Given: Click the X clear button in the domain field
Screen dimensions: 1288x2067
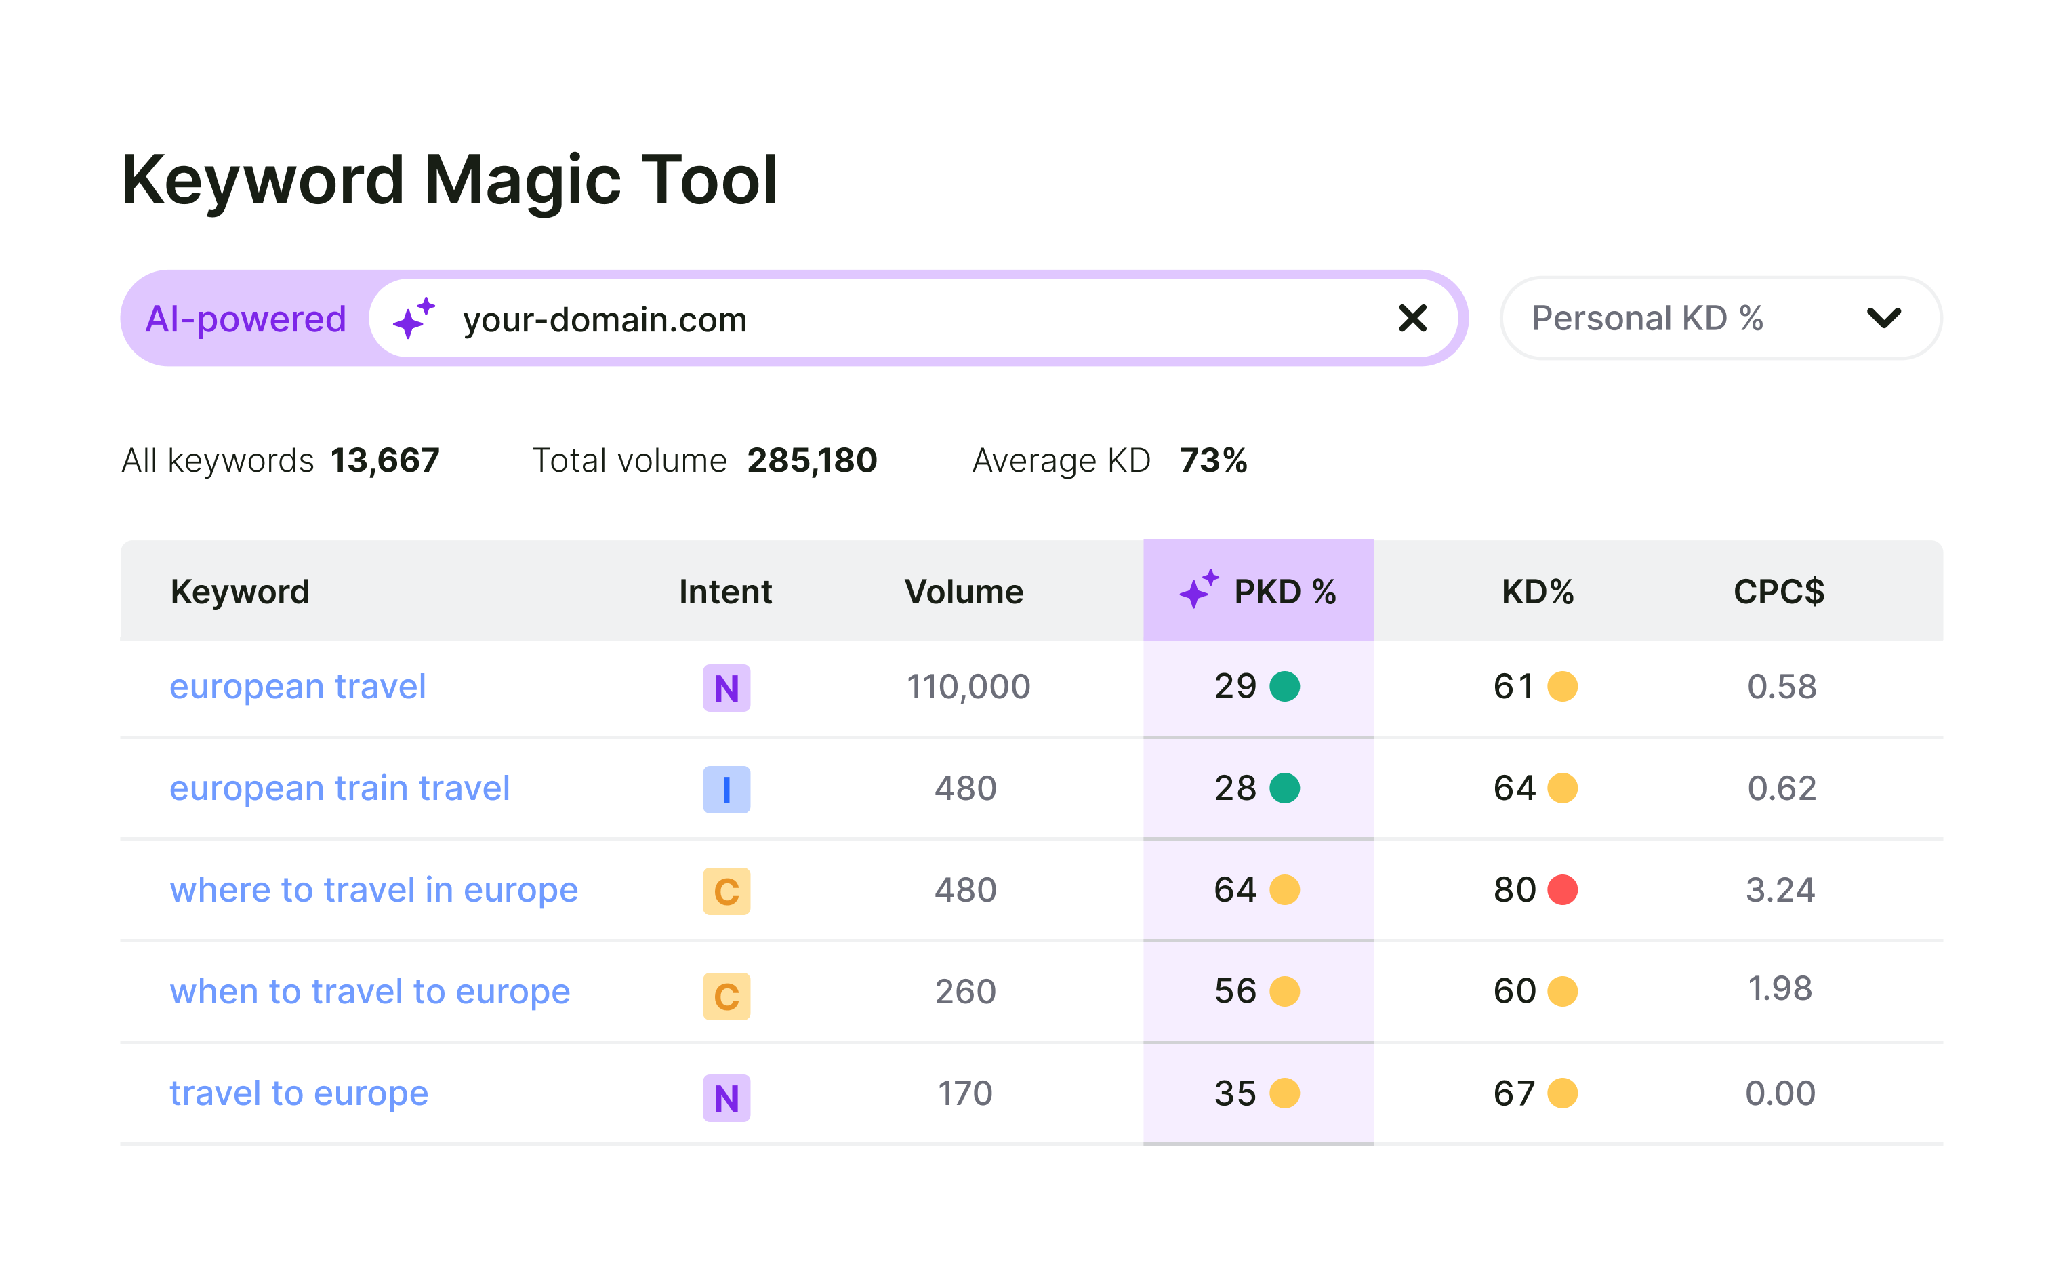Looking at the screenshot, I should (x=1412, y=319).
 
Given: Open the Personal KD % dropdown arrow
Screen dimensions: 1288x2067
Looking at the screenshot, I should (x=1883, y=319).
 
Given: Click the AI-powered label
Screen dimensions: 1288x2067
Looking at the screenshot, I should (x=245, y=319).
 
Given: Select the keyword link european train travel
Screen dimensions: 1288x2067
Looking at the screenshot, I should (x=339, y=788).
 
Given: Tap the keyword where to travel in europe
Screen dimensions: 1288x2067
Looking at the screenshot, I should (x=373, y=890).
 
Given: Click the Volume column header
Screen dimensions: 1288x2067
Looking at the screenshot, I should (x=963, y=591).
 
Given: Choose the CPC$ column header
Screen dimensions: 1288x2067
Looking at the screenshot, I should (x=1778, y=591).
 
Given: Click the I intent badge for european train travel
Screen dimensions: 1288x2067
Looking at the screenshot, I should (x=726, y=790).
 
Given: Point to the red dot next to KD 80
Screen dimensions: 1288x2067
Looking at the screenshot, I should (x=1562, y=890).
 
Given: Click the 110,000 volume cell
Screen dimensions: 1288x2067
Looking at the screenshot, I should (x=968, y=687).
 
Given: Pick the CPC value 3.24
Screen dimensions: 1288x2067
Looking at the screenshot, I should (x=1780, y=890).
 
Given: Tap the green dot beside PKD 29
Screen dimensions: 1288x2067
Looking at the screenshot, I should (x=1284, y=687).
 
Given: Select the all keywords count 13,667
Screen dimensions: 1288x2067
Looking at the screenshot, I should (x=385, y=461).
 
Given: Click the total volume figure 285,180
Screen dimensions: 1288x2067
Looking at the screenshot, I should (x=812, y=461).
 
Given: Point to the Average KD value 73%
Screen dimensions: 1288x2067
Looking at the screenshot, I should (x=1213, y=461).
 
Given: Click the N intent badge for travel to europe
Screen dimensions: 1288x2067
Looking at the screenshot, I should (x=726, y=1098).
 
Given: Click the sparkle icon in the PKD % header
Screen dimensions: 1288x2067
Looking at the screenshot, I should (x=1198, y=590).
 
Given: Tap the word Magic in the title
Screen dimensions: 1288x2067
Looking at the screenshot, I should (x=521, y=180).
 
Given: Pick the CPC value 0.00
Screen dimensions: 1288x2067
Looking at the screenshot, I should (x=1780, y=1093).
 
